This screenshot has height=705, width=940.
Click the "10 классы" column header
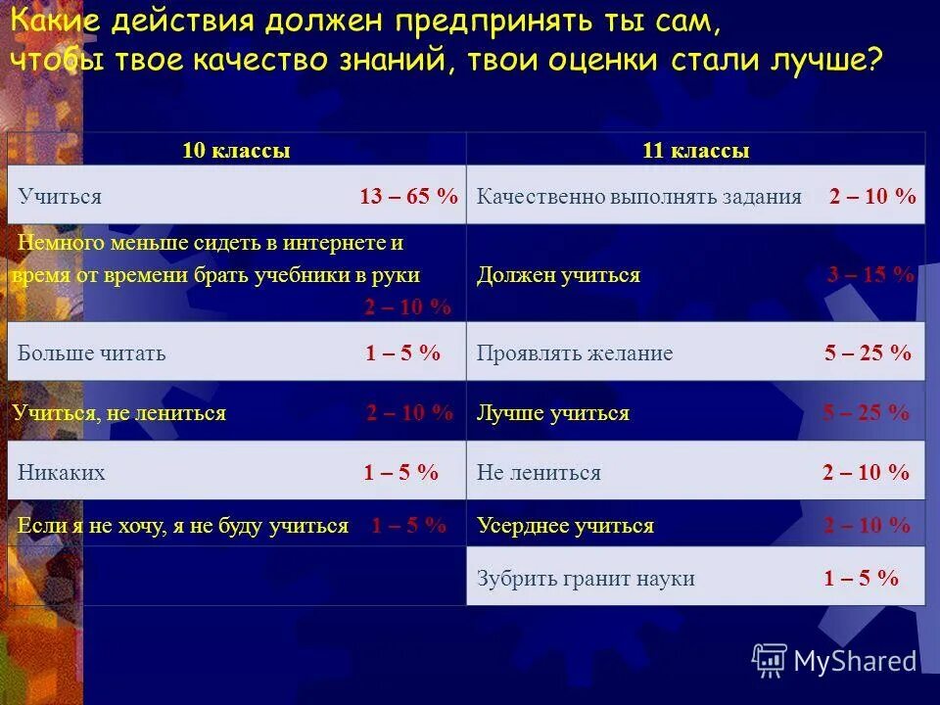point(236,151)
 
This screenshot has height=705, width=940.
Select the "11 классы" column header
point(695,151)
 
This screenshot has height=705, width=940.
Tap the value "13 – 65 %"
point(408,196)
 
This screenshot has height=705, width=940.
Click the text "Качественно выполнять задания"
point(638,196)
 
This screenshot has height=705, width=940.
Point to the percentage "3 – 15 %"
point(869,275)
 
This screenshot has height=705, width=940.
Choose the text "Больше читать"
point(92,353)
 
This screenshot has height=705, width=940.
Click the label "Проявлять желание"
point(575,353)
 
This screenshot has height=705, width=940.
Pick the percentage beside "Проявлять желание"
point(868,353)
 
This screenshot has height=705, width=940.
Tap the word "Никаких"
point(62,473)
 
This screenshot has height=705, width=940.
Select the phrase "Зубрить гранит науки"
point(586,578)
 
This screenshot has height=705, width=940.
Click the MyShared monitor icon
point(770,660)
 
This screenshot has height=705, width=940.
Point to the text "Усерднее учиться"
point(565,526)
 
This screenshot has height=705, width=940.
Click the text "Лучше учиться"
point(553,413)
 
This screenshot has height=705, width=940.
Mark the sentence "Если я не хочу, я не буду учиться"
point(183,526)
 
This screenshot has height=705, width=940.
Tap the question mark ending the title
point(873,60)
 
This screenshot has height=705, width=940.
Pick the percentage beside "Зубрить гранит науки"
point(861,578)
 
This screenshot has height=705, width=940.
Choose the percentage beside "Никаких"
point(400,473)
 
